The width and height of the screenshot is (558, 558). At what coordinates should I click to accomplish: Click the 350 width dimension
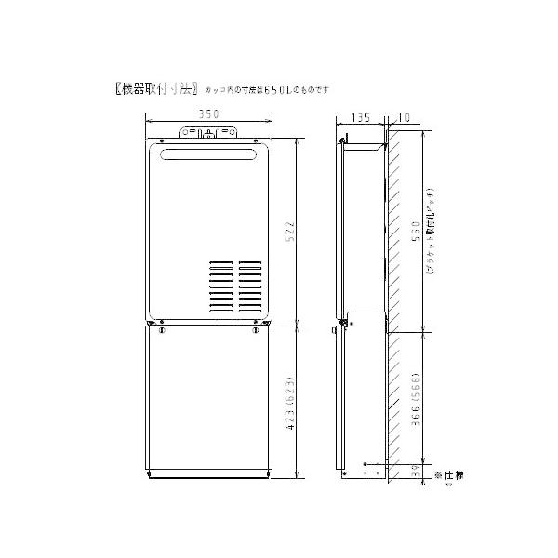coord(208,114)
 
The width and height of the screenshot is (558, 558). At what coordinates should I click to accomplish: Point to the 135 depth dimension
coord(361,118)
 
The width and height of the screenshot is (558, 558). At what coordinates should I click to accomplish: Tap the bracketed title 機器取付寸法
coord(151,89)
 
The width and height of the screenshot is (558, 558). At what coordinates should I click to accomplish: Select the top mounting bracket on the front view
coord(208,134)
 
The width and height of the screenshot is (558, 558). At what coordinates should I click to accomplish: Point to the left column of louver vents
coord(220,286)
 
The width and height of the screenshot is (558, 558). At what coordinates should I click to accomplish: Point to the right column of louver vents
coord(249,286)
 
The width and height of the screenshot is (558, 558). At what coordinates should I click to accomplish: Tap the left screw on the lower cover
coord(162,330)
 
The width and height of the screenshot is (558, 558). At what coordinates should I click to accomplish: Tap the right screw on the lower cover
coord(254,330)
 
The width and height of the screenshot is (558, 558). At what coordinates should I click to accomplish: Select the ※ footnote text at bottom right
coord(448,476)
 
